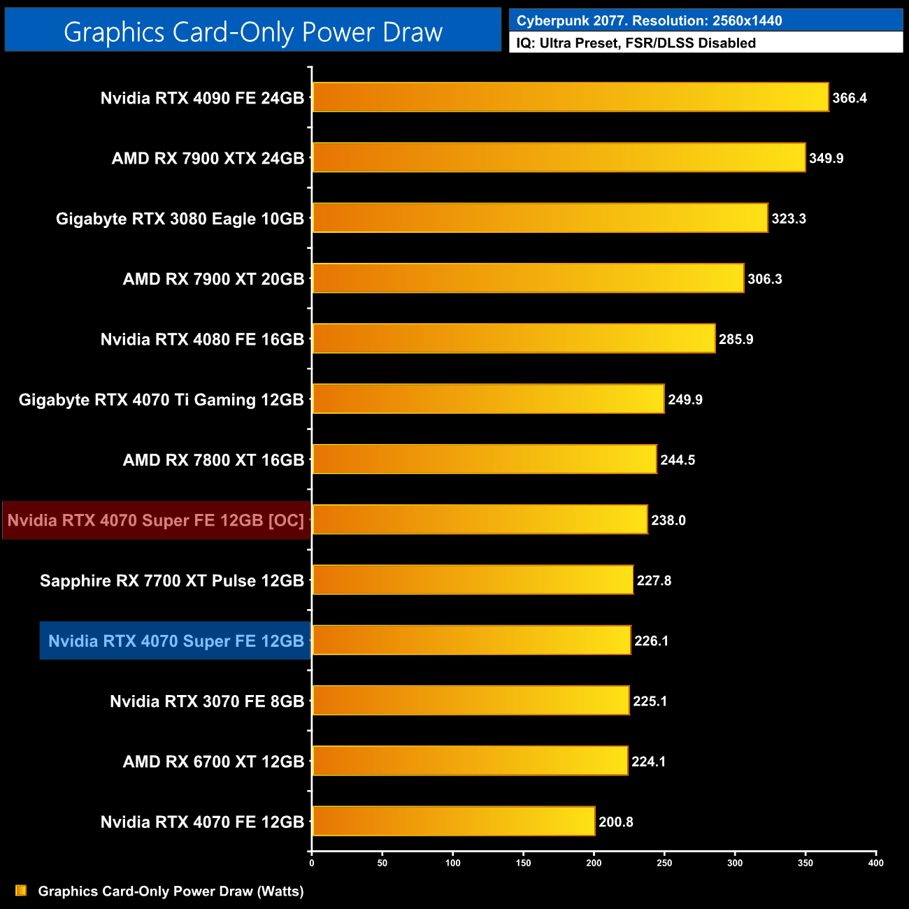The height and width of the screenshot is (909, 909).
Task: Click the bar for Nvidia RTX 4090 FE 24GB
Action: (570, 97)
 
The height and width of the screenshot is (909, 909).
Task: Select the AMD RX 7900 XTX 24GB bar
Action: (559, 157)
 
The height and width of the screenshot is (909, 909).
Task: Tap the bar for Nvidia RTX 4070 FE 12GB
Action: (454, 821)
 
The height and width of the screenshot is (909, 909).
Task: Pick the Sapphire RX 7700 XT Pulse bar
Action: (473, 580)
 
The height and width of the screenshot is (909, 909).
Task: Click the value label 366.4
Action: (850, 98)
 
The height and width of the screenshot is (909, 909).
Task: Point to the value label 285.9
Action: (736, 339)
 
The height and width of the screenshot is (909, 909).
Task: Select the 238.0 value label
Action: (668, 520)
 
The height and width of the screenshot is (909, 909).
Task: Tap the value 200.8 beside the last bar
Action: (615, 822)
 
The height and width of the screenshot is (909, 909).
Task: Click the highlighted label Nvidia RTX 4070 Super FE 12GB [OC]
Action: (156, 520)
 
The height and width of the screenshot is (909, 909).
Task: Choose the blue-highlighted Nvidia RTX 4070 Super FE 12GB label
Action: (176, 640)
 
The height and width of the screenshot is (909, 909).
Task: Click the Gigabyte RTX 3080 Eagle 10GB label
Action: (180, 219)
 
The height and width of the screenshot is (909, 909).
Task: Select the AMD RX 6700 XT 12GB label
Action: (213, 761)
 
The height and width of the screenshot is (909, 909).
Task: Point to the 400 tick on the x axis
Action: (875, 863)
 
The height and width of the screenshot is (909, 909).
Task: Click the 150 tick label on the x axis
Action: (523, 863)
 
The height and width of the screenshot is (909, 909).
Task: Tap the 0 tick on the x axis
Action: (312, 863)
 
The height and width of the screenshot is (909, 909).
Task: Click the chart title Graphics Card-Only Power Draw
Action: (253, 31)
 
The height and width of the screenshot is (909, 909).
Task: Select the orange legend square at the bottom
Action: (21, 890)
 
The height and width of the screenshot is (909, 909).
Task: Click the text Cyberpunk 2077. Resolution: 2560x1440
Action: (649, 20)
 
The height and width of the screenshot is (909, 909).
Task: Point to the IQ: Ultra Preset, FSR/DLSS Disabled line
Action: (636, 43)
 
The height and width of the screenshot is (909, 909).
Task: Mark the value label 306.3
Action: (764, 279)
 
